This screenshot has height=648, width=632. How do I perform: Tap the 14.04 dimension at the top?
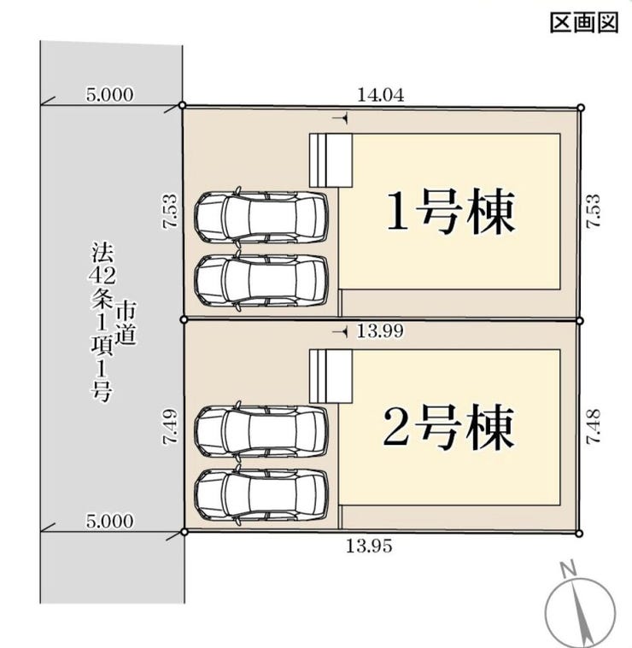[x=380, y=95]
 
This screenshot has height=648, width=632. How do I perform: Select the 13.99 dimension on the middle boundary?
[x=380, y=331]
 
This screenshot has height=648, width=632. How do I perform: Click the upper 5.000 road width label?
[x=109, y=95]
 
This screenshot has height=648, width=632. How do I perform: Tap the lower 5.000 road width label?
[x=109, y=520]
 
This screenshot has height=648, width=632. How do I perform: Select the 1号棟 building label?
[x=451, y=213]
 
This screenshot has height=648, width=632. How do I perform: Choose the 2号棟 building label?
[x=449, y=429]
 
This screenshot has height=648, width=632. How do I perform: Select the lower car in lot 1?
[x=261, y=279]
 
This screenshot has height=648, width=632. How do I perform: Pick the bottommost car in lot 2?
[x=261, y=494]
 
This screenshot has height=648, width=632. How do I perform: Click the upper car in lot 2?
[x=261, y=430]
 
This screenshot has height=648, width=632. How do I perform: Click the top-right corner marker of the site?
[x=581, y=108]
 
